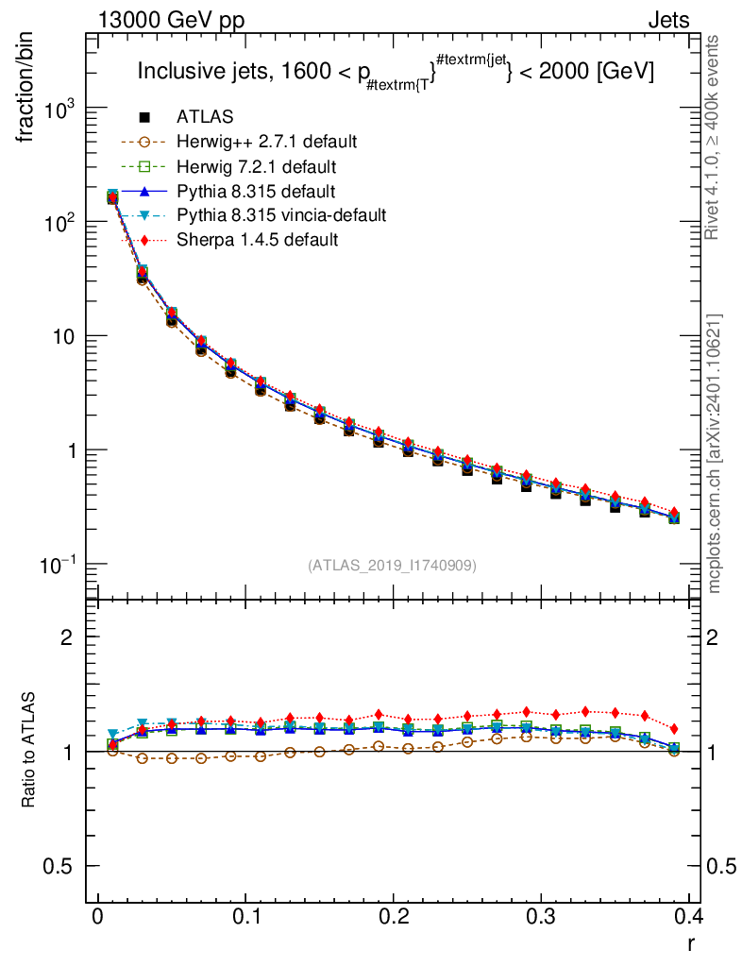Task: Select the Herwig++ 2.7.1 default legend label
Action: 266,142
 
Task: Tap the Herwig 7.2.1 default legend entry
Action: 256,166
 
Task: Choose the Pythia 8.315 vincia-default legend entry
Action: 280,215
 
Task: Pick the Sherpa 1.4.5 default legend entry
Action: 257,240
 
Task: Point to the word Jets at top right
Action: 668,19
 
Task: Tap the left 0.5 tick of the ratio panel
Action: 60,866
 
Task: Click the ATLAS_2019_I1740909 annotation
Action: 392,565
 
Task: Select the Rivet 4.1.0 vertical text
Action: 715,137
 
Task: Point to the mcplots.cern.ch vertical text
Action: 715,453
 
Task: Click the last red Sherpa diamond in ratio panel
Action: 674,729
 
